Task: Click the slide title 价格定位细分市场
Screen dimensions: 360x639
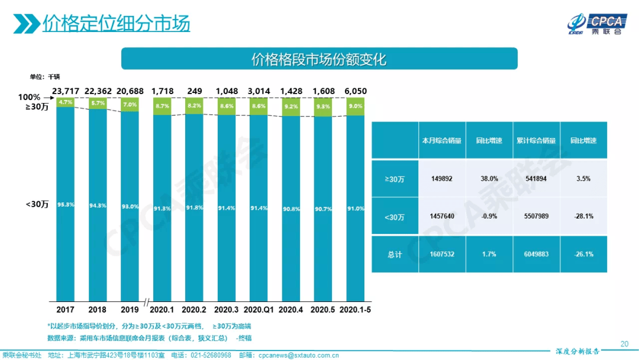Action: click(116, 24)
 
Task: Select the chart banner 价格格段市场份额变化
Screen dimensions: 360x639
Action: click(319, 59)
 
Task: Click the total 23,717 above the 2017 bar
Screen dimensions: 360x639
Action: click(65, 91)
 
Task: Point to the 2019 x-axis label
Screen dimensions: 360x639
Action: click(129, 310)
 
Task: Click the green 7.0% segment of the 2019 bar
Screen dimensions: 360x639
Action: click(129, 104)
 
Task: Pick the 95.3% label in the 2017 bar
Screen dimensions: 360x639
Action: click(65, 204)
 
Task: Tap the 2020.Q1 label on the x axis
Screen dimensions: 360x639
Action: click(259, 310)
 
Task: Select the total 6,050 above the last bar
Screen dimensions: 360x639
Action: click(356, 91)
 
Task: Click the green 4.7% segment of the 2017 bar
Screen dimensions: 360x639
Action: click(65, 102)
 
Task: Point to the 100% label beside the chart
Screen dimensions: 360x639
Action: click(29, 97)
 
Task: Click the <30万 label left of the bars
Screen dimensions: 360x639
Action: click(37, 204)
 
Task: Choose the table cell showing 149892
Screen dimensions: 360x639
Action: click(442, 178)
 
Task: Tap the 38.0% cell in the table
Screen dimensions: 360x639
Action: click(489, 178)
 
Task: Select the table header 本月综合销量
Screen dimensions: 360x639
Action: click(442, 141)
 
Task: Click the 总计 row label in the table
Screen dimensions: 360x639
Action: click(395, 254)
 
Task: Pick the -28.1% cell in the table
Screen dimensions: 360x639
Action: click(583, 216)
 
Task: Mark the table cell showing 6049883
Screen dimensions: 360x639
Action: click(537, 254)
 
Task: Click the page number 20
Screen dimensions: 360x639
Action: click(624, 344)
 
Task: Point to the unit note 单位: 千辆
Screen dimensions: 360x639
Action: click(45, 77)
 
